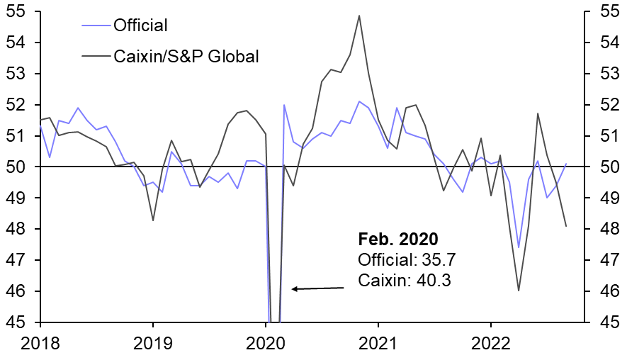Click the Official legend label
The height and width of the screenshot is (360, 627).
140,26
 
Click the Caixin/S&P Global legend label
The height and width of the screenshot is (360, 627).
186,56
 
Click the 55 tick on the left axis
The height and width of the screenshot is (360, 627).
17,12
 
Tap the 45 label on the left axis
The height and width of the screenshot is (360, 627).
17,322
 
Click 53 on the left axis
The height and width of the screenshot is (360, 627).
17,74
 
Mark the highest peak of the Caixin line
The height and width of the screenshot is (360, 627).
359,16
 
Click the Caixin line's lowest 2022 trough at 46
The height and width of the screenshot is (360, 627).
519,291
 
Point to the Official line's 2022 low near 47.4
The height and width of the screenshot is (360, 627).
519,247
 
